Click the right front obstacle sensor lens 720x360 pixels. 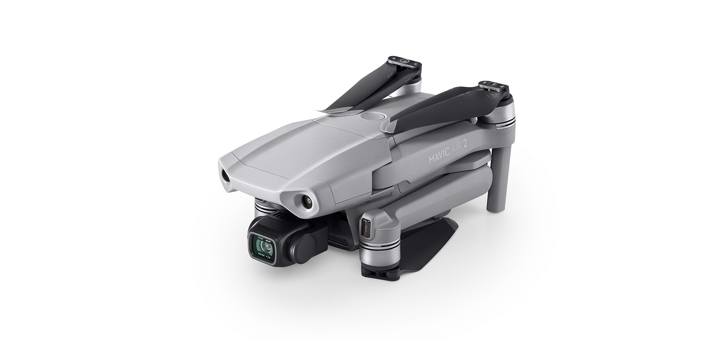click(x=307, y=202)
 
